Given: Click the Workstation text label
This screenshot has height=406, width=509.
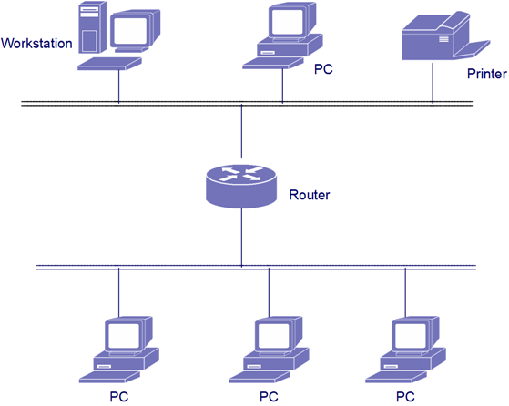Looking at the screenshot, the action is [x=36, y=43].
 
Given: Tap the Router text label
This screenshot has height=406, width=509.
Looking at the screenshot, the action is [x=310, y=195].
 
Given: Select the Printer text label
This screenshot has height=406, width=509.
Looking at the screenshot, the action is [x=487, y=74].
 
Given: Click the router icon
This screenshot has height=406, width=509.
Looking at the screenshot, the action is [x=241, y=186].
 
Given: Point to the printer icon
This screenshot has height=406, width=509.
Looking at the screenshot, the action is [x=445, y=36].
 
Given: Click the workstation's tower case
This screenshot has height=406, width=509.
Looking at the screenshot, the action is [x=92, y=26].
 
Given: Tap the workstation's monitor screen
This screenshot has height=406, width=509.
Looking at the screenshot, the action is [x=131, y=31].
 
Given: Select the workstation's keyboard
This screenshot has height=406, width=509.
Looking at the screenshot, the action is [x=109, y=64].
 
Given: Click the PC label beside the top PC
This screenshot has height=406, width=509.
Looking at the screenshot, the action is [x=323, y=69].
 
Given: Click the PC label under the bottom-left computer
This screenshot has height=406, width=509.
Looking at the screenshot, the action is [x=118, y=396].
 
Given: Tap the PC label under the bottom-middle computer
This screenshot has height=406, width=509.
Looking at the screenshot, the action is [x=269, y=396].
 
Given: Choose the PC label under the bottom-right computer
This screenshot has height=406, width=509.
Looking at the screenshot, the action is [x=405, y=396].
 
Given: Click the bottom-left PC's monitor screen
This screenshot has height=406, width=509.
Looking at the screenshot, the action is [x=124, y=336].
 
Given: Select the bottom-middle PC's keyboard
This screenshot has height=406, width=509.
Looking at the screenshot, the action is [x=259, y=377].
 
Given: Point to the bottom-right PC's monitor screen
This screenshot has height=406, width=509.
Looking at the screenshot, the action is [x=411, y=336].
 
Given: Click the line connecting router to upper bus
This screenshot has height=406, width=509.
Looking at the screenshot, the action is [x=241, y=131].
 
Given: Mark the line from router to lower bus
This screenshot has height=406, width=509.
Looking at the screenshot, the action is [x=241, y=238].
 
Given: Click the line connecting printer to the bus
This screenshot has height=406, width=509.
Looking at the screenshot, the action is [x=433, y=83].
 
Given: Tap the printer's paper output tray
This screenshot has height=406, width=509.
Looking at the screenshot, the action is [x=473, y=48].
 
